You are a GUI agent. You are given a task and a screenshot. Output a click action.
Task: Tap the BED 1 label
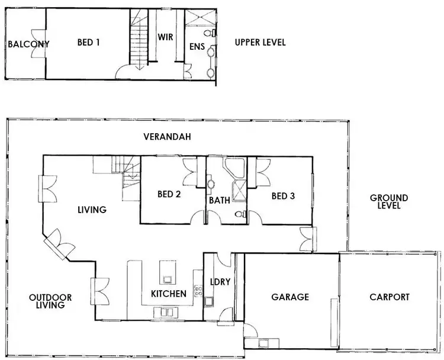88,43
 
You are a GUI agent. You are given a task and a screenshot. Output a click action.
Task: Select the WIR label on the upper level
165,36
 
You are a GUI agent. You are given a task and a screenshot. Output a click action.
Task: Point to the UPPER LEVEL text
260,43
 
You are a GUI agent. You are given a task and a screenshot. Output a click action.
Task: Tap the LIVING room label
91,210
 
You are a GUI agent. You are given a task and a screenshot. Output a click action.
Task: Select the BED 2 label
169,194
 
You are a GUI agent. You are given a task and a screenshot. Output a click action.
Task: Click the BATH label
219,201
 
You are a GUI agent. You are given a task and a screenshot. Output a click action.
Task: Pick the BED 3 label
283,195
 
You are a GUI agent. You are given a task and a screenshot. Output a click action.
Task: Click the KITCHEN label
169,294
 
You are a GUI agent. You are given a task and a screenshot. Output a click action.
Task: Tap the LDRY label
219,282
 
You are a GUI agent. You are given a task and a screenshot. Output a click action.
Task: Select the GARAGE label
290,297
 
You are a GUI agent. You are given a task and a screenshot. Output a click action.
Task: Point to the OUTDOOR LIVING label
50,301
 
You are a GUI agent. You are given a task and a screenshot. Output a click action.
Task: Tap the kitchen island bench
168,273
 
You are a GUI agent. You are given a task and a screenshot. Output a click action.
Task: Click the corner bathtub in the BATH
236,168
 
